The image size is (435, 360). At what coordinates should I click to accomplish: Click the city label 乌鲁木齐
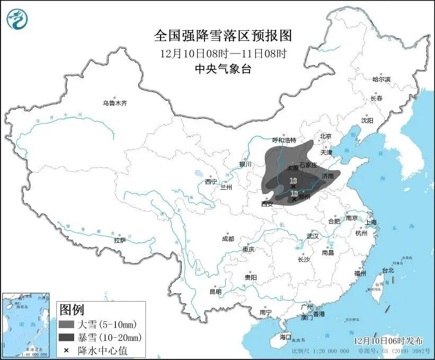click(115, 103)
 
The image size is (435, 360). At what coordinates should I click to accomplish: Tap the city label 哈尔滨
click(381, 79)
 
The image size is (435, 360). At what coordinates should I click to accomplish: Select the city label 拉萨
click(120, 240)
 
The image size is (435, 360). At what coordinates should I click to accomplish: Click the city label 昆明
click(216, 291)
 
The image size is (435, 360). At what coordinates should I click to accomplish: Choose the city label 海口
click(286, 337)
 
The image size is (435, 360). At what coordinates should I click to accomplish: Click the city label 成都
click(228, 238)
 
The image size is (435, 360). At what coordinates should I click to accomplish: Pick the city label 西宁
click(211, 182)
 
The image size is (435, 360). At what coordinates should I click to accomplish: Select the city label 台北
click(388, 270)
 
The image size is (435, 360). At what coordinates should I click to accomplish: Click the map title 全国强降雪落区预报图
click(223, 36)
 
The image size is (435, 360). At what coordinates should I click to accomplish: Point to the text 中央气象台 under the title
click(223, 68)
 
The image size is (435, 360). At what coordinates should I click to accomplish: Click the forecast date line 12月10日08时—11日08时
click(223, 53)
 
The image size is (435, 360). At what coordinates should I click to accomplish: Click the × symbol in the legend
click(66, 350)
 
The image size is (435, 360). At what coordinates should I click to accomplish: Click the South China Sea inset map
click(26, 324)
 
